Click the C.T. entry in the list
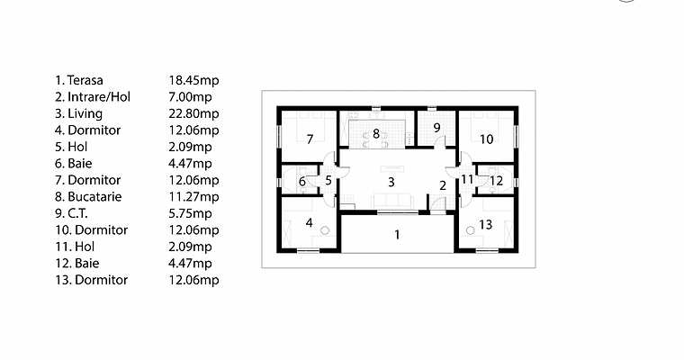[x=71, y=213]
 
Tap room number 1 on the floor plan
[x=396, y=236]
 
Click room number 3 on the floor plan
[x=391, y=182]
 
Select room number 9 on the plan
[x=436, y=128]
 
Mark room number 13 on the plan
[x=485, y=224]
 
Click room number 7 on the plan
[x=309, y=139]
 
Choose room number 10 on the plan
[x=486, y=139]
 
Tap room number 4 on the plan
[x=309, y=222]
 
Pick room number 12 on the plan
[x=496, y=180]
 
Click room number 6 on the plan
[x=301, y=182]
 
